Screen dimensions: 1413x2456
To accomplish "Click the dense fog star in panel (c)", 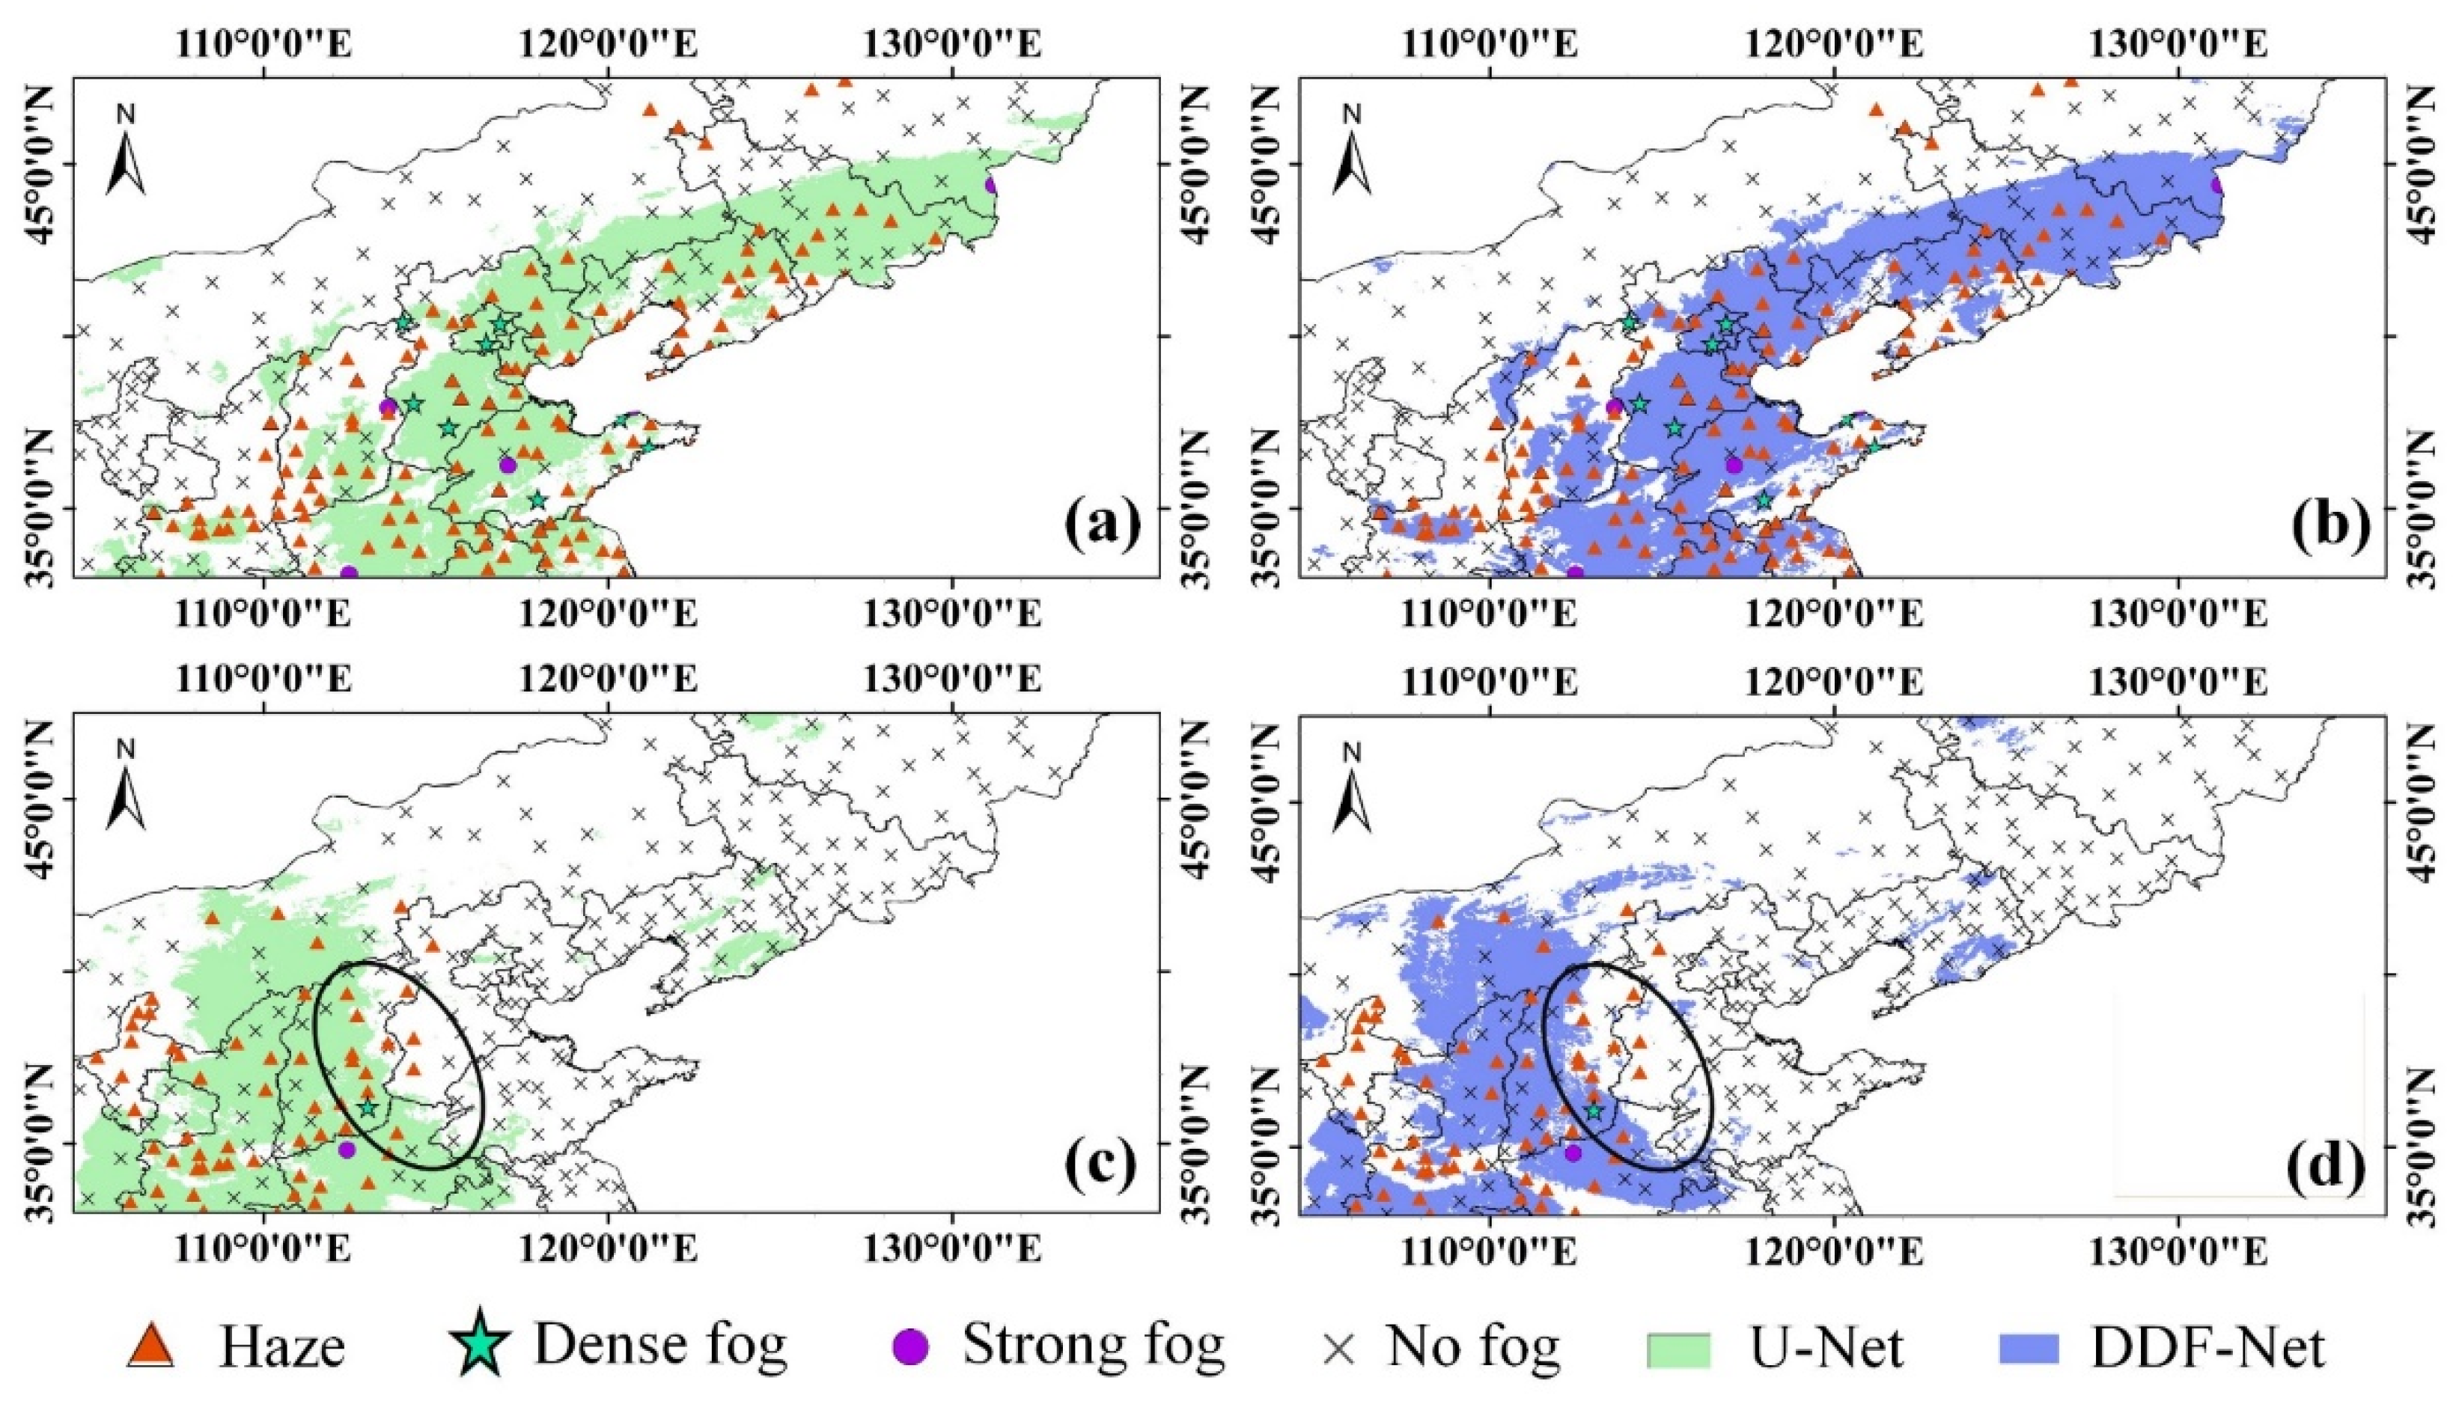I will (368, 1108).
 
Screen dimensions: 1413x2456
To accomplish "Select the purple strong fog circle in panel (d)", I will (1573, 1153).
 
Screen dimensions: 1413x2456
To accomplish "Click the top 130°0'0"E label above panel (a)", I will (954, 43).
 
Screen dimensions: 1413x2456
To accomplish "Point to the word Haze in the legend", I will (282, 1347).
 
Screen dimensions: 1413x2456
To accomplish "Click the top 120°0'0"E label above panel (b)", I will (1833, 43).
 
